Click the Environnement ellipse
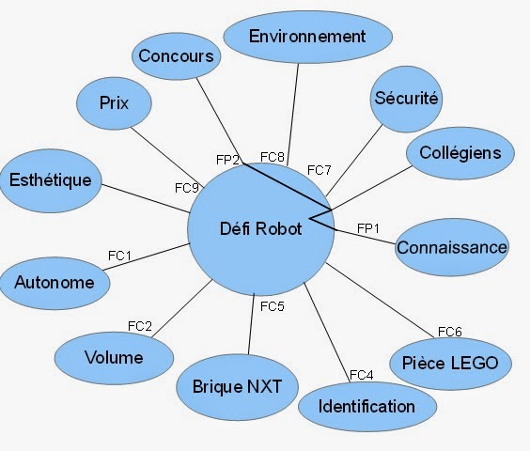(308, 37)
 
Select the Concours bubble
(176, 56)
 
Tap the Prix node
(114, 103)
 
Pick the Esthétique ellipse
(51, 180)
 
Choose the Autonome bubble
(55, 283)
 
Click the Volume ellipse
(114, 358)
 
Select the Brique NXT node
(238, 387)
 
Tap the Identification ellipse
(367, 407)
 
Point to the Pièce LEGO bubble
(450, 364)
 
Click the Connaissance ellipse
(452, 247)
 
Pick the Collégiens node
(460, 153)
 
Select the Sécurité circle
(406, 99)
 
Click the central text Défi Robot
(260, 228)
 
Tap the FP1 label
(368, 228)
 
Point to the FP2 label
(227, 160)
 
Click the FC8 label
(273, 157)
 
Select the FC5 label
(273, 306)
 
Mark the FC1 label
(119, 256)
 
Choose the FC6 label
(450, 332)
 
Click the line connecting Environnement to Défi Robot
(292, 115)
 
